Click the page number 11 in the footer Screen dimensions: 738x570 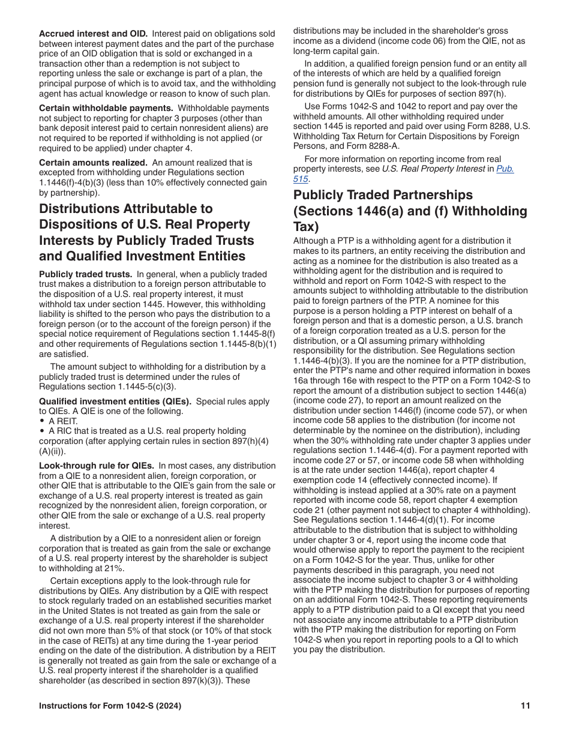[x=526, y=706]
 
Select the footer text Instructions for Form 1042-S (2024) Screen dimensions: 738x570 [x=110, y=706]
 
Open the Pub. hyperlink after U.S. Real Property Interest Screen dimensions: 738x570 [x=505, y=169]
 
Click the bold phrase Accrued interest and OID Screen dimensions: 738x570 [x=93, y=33]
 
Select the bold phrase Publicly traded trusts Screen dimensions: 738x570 [x=85, y=274]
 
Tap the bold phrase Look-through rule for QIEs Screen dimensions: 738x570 [x=97, y=466]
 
